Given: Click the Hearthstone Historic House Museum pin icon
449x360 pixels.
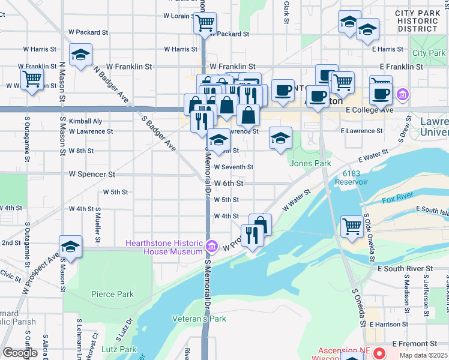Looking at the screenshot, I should pos(211,246).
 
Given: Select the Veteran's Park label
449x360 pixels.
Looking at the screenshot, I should pos(199,319).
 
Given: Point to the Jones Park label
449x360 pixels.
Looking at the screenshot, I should pos(310,163).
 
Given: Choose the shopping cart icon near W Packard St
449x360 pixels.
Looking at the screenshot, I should pos(205,23).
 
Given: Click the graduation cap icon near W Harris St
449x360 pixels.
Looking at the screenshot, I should pos(80,55).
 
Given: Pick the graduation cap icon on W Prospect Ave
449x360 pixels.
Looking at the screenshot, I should pos(70,247).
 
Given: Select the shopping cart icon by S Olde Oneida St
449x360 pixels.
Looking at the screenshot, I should pos(352,226).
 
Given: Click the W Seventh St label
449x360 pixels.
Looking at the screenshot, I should pos(234,167).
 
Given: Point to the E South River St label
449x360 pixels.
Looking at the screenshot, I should pos(405,268).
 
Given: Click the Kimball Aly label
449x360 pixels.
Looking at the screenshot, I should pos(85,121).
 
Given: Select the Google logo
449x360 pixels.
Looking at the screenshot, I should pos(20,353).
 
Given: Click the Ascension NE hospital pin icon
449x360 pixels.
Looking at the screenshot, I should pos(378,352).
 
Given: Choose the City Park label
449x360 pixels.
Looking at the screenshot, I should pos(429,53).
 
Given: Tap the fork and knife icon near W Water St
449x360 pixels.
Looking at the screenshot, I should pos(251,235).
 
